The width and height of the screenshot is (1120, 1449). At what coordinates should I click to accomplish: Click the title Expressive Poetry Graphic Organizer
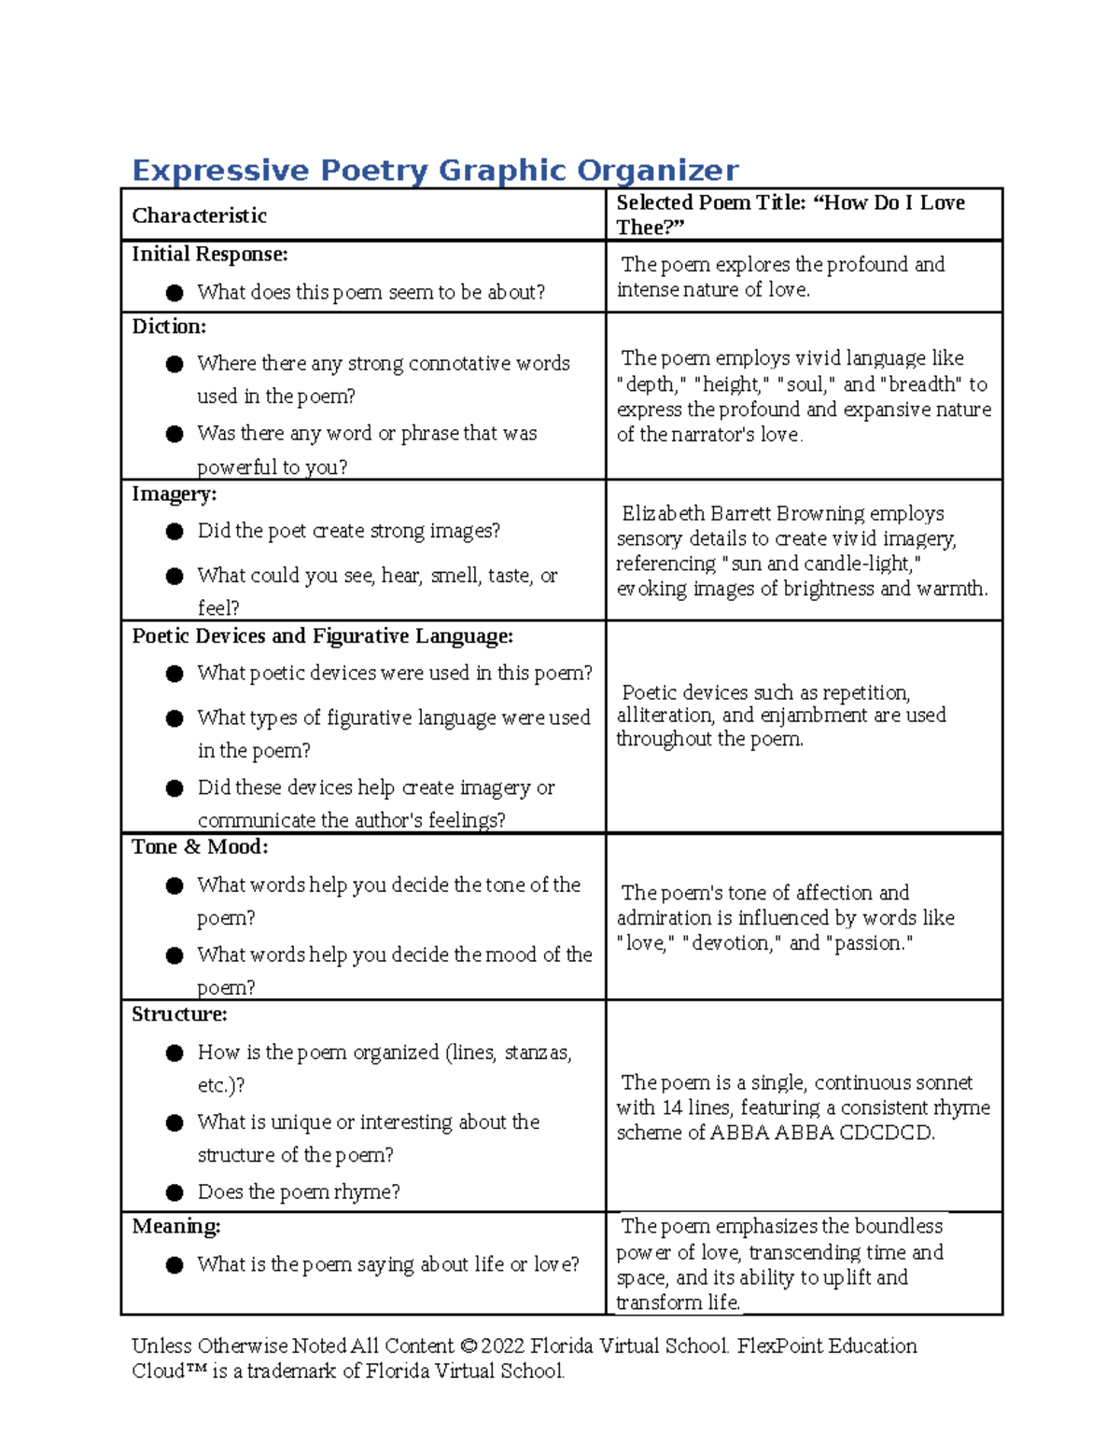point(435,170)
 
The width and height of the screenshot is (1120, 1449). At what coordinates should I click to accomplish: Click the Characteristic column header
point(199,216)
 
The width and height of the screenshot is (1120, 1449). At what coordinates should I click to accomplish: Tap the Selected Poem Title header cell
point(790,215)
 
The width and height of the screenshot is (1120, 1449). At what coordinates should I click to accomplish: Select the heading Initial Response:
point(209,254)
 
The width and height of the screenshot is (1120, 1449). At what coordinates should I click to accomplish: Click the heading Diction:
point(169,327)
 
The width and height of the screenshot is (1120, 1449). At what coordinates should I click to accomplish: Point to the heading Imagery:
point(174,494)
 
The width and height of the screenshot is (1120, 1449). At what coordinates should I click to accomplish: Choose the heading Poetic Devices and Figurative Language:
point(322,636)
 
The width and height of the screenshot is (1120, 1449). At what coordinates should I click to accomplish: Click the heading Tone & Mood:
point(200,847)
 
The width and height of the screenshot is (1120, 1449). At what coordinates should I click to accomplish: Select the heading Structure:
point(179,1014)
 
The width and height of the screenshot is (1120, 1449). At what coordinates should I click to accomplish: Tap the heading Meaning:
point(175,1226)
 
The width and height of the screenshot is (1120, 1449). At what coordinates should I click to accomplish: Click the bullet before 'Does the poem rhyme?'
point(175,1192)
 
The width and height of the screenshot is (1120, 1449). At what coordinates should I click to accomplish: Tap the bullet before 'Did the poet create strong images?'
point(175,531)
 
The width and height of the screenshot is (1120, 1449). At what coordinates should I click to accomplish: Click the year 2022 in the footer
point(503,1345)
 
